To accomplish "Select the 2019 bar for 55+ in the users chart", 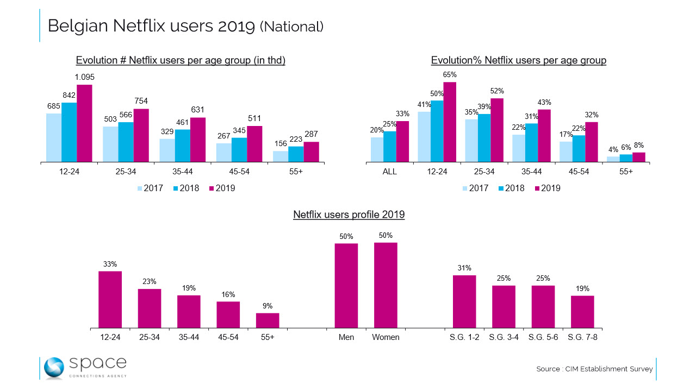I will (x=311, y=152).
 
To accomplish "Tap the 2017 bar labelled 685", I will (x=54, y=137).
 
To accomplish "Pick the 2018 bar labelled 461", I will (x=182, y=146).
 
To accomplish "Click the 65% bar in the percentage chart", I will (x=449, y=122).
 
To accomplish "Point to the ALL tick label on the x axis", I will (x=390, y=172).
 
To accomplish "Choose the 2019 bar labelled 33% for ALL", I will (x=402, y=142).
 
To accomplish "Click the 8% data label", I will (x=639, y=146).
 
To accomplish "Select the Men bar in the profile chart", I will (x=346, y=286).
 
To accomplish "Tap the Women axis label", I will (x=386, y=337).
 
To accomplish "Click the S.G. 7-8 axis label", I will (x=582, y=337).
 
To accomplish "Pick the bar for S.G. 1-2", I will (x=464, y=301).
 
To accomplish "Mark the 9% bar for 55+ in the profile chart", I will (x=268, y=320).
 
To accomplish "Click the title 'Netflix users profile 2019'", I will (x=349, y=215).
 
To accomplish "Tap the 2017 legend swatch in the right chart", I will (x=466, y=188).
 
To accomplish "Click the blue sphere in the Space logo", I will (x=54, y=368).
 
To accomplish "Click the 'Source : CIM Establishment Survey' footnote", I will (x=594, y=369).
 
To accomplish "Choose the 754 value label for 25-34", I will (x=141, y=101).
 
